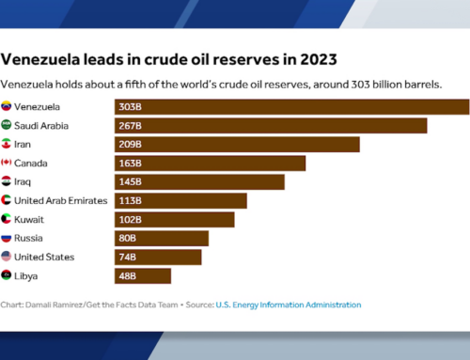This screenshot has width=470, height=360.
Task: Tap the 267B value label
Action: [131, 126]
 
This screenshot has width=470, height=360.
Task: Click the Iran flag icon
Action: [8, 144]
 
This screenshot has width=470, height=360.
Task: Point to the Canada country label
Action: [33, 163]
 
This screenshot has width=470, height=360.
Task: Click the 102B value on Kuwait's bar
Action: [131, 219]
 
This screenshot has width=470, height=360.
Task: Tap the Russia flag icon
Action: [8, 238]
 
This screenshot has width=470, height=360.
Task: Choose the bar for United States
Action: [158, 257]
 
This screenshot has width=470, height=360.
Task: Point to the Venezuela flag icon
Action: [8, 107]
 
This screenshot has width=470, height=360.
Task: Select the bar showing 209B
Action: [237, 144]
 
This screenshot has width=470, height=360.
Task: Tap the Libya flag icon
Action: [8, 275]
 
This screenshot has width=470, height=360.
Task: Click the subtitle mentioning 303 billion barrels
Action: [222, 84]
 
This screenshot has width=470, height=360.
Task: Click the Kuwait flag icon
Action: [8, 219]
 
